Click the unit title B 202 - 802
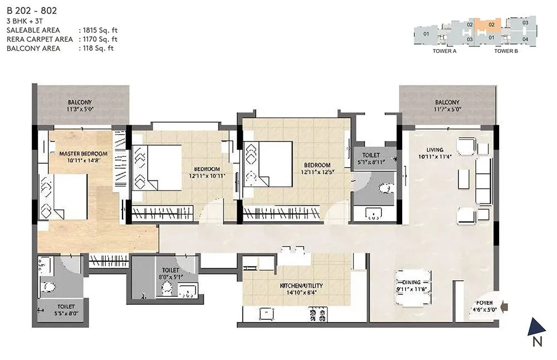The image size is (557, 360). pyautogui.click(x=31, y=10)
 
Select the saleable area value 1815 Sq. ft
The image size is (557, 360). pyautogui.click(x=99, y=30)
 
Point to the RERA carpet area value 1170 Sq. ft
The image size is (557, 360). pyautogui.click(x=99, y=39)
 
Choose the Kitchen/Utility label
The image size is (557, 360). pyautogui.click(x=301, y=286)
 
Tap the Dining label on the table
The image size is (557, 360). pyautogui.click(x=413, y=283)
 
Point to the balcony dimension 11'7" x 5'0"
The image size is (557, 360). pyautogui.click(x=447, y=110)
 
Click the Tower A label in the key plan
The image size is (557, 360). pyautogui.click(x=444, y=51)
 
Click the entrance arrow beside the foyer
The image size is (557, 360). pyautogui.click(x=504, y=305)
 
